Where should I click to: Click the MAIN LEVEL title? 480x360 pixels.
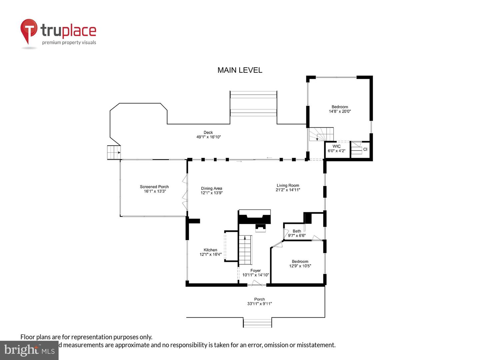click(x=240, y=70)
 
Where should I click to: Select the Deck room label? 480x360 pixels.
click(x=208, y=132)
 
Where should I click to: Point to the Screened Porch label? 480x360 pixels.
click(x=154, y=187)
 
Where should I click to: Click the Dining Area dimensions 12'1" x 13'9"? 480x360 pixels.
click(x=211, y=193)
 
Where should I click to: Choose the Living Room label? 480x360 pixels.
click(x=288, y=185)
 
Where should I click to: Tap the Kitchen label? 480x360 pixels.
click(x=210, y=250)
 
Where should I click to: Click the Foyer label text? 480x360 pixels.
click(x=255, y=270)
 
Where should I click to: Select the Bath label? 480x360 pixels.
click(x=297, y=231)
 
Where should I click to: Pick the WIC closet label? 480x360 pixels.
click(x=336, y=146)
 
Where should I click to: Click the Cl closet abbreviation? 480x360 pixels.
click(x=365, y=149)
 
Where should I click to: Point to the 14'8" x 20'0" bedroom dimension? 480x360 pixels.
click(x=340, y=111)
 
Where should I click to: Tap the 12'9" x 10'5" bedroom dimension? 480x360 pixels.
click(x=300, y=266)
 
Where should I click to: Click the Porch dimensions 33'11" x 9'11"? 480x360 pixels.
click(x=260, y=304)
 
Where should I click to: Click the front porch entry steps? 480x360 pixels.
click(x=257, y=323)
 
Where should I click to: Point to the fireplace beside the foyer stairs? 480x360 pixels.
click(x=255, y=220)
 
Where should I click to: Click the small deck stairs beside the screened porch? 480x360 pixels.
click(x=114, y=152)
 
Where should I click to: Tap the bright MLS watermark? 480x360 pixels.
click(x=29, y=350)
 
